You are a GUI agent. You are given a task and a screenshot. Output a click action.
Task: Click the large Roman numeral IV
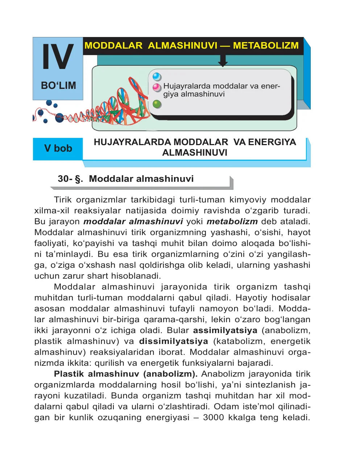coord(58,57)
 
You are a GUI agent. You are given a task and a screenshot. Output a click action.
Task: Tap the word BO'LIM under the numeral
coord(58,86)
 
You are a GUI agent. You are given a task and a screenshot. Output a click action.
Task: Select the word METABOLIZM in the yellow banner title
coord(266,46)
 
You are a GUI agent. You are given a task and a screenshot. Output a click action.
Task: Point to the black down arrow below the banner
coord(223,61)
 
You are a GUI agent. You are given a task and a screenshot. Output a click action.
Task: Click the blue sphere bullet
coord(157,77)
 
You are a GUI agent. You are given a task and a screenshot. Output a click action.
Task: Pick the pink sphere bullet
coord(157,87)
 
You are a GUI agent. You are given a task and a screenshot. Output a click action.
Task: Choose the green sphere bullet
coord(157,105)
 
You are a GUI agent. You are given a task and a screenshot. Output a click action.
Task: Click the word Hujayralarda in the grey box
coord(187,86)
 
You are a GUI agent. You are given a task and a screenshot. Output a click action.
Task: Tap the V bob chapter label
coord(58,148)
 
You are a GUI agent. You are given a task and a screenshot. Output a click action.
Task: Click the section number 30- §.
coord(70,179)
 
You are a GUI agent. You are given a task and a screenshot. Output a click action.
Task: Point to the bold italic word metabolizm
coord(232,222)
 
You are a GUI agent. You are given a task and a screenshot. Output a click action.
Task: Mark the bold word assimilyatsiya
coord(225,331)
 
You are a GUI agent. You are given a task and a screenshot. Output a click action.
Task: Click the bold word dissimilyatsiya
coord(174,341)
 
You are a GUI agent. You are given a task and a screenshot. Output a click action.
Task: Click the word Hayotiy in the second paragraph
coord(252,298)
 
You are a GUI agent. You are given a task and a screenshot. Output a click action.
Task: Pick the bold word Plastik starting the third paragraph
coord(69,374)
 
